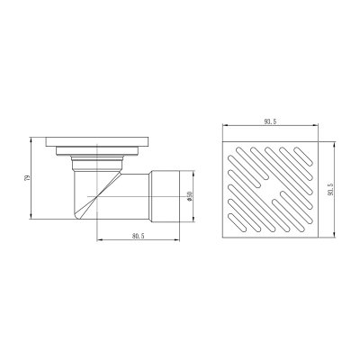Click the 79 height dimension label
[x=27, y=178]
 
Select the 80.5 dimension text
[x=138, y=236]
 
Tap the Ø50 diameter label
[x=189, y=196]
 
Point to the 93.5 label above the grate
[x=270, y=121]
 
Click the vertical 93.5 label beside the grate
[x=330, y=189]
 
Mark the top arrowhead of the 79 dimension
[x=31, y=139]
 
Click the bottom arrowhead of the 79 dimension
[x=31, y=217]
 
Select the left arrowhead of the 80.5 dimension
[x=99, y=239]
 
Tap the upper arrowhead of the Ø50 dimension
[x=193, y=174]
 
